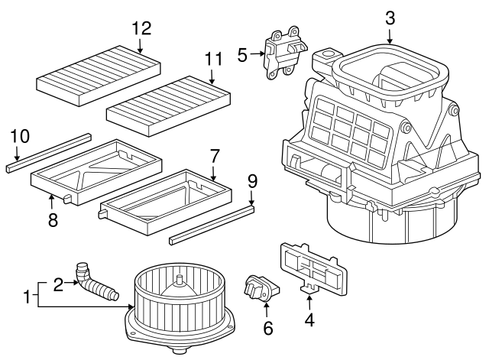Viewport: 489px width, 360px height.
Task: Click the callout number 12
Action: point(141,29)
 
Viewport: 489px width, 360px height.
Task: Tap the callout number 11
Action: point(212,58)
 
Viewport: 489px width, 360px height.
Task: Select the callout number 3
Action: point(390,17)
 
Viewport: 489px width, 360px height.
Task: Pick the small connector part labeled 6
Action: point(260,289)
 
